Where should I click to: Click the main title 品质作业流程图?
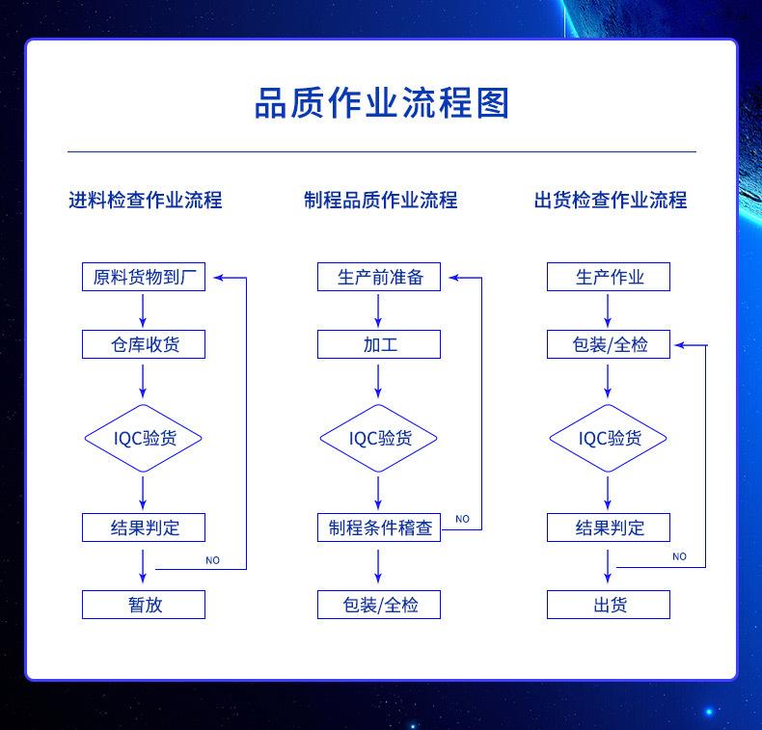[x=382, y=103]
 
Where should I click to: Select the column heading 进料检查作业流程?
[x=146, y=201]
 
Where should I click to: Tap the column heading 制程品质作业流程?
[x=380, y=201]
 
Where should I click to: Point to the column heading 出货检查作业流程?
[x=611, y=201]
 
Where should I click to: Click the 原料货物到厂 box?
[x=144, y=277]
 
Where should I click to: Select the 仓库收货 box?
[x=144, y=344]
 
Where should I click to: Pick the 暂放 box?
[x=144, y=605]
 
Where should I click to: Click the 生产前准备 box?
[x=379, y=277]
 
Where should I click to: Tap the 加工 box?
[x=379, y=344]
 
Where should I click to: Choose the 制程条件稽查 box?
[x=379, y=527]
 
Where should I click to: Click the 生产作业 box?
[x=609, y=277]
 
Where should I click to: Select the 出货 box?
[x=609, y=605]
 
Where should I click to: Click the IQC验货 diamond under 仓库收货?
[x=144, y=438]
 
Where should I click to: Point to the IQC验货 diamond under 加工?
[x=378, y=438]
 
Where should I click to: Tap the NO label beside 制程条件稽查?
[x=463, y=519]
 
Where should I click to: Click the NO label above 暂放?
[x=213, y=560]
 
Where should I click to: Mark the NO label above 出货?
[x=679, y=556]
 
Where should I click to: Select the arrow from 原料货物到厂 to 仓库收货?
[x=143, y=311]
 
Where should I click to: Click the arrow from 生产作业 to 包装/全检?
[x=608, y=311]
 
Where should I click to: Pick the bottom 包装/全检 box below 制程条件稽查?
[x=379, y=605]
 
